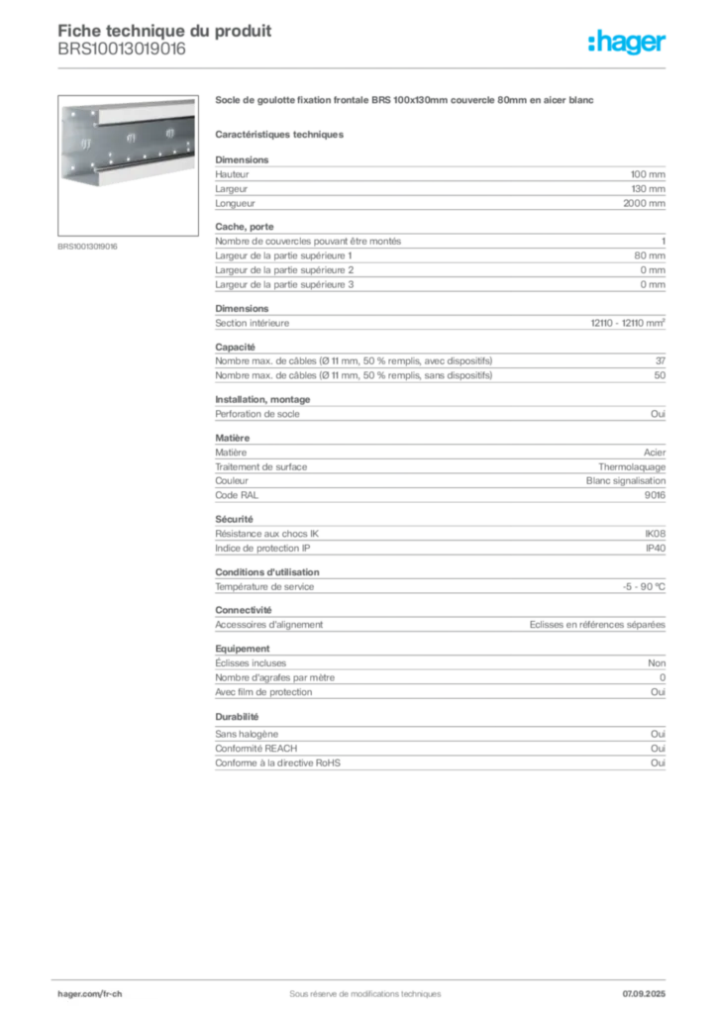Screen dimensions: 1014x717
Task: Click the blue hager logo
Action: [x=628, y=43]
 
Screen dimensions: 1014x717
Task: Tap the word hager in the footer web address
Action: [x=72, y=992]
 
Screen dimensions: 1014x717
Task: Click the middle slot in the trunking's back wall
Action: [x=130, y=137]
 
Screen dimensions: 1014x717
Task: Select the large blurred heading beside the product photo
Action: [x=407, y=101]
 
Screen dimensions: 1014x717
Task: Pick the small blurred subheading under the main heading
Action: [x=280, y=134]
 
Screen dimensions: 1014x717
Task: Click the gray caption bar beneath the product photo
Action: [x=87, y=247]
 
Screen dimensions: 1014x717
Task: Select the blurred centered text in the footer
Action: [x=358, y=987]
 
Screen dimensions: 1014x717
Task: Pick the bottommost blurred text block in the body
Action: [x=439, y=753]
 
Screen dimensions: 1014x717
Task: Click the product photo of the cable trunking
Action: [x=126, y=140]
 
